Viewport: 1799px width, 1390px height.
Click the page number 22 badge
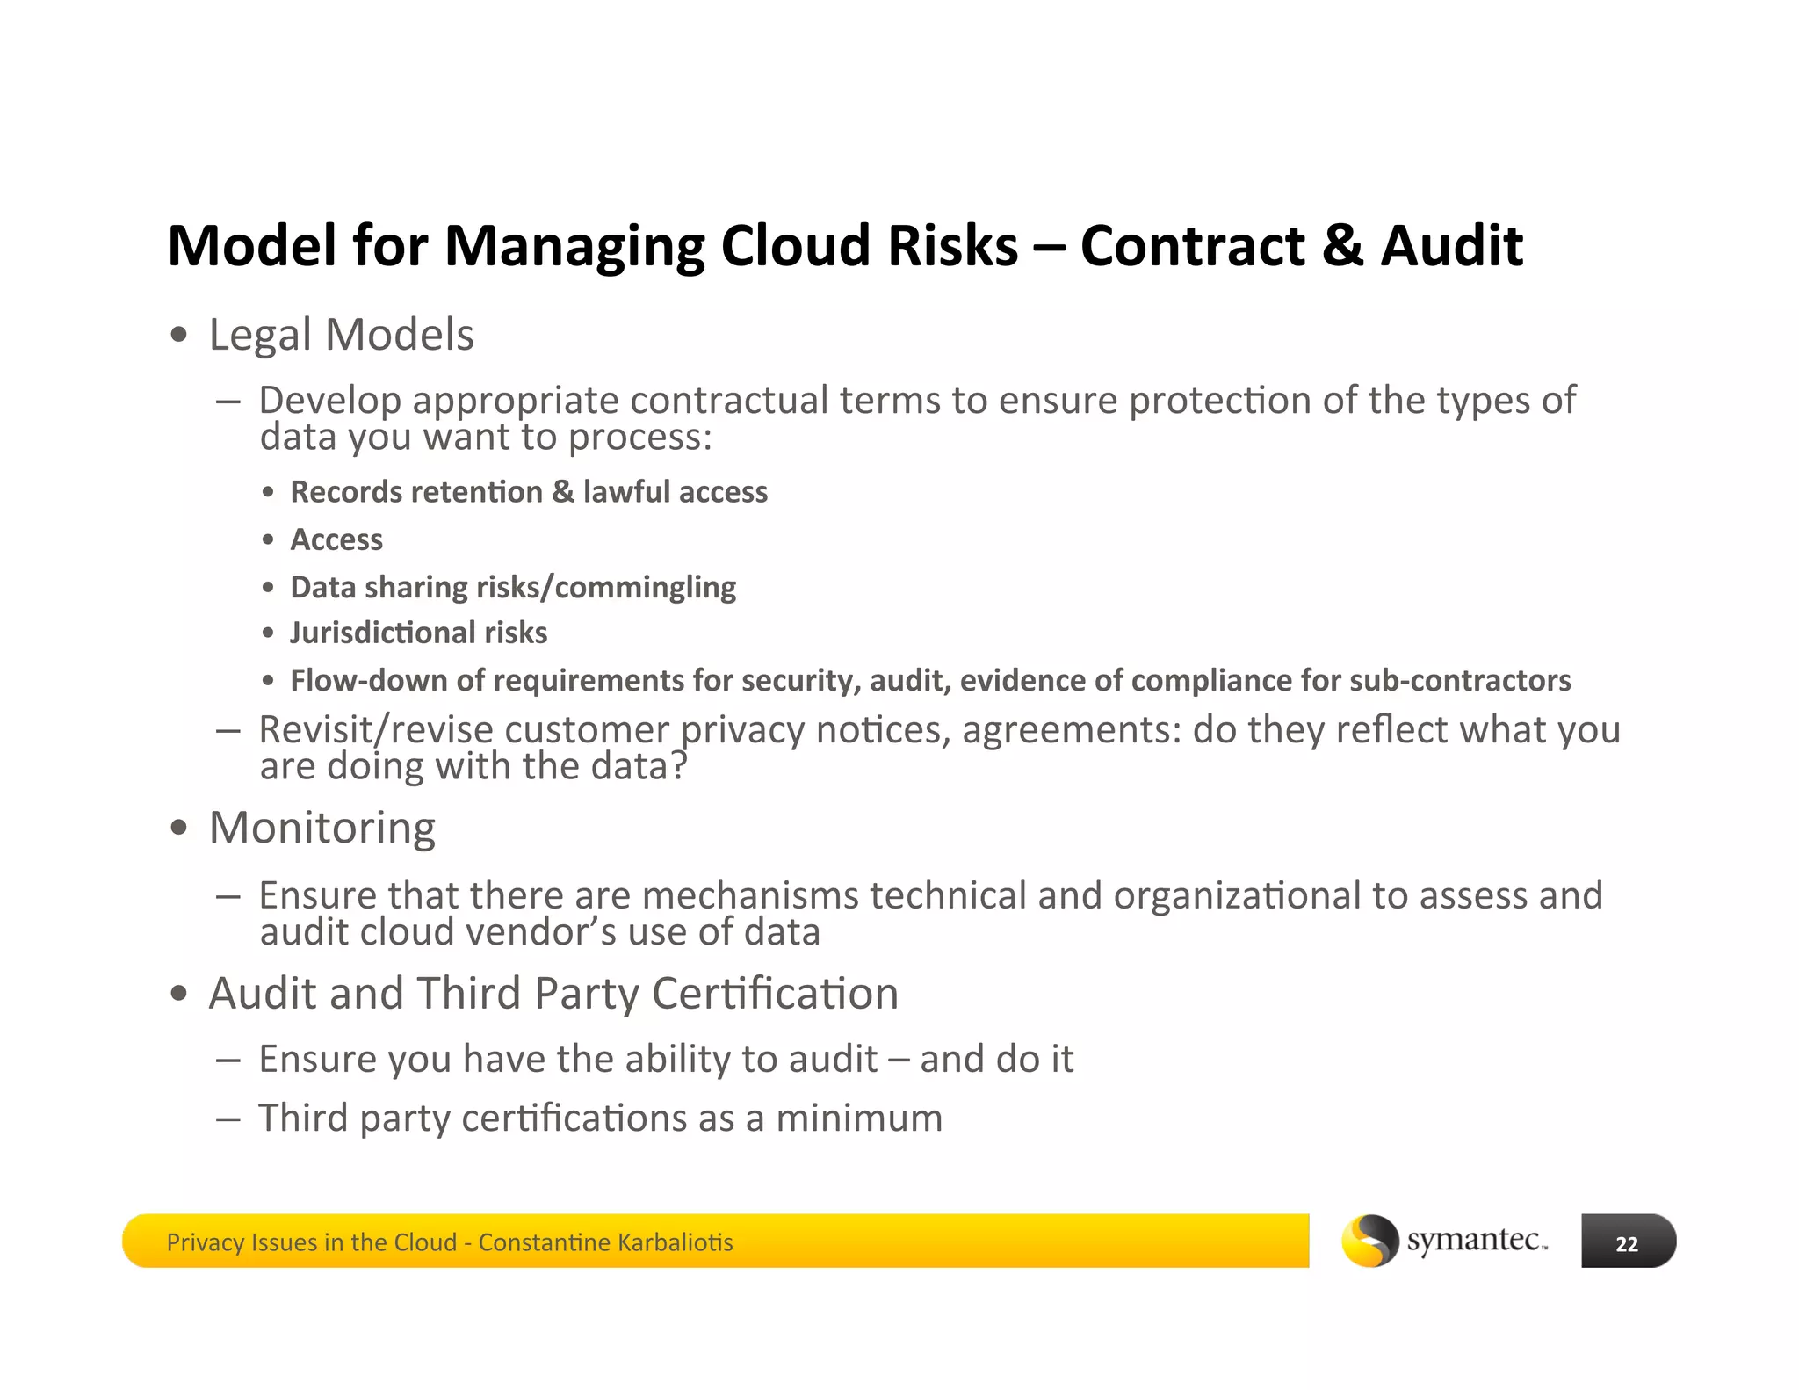(1627, 1242)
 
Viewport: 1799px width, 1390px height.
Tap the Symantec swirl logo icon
(1369, 1241)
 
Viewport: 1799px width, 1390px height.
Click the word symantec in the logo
(1474, 1240)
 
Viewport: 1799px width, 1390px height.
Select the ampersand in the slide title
(1341, 245)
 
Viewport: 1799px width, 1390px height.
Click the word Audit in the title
(1451, 245)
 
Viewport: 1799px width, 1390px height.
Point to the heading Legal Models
(341, 335)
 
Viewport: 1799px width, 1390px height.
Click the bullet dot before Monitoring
(179, 828)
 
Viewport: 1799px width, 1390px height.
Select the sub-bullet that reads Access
(336, 539)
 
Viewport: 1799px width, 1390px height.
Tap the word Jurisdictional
(383, 633)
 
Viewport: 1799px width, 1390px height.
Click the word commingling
(646, 587)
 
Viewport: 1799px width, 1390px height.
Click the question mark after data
(678, 765)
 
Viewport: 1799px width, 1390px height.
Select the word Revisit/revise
(375, 729)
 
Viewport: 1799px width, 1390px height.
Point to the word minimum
(858, 1119)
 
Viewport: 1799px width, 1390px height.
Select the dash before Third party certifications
(228, 1119)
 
